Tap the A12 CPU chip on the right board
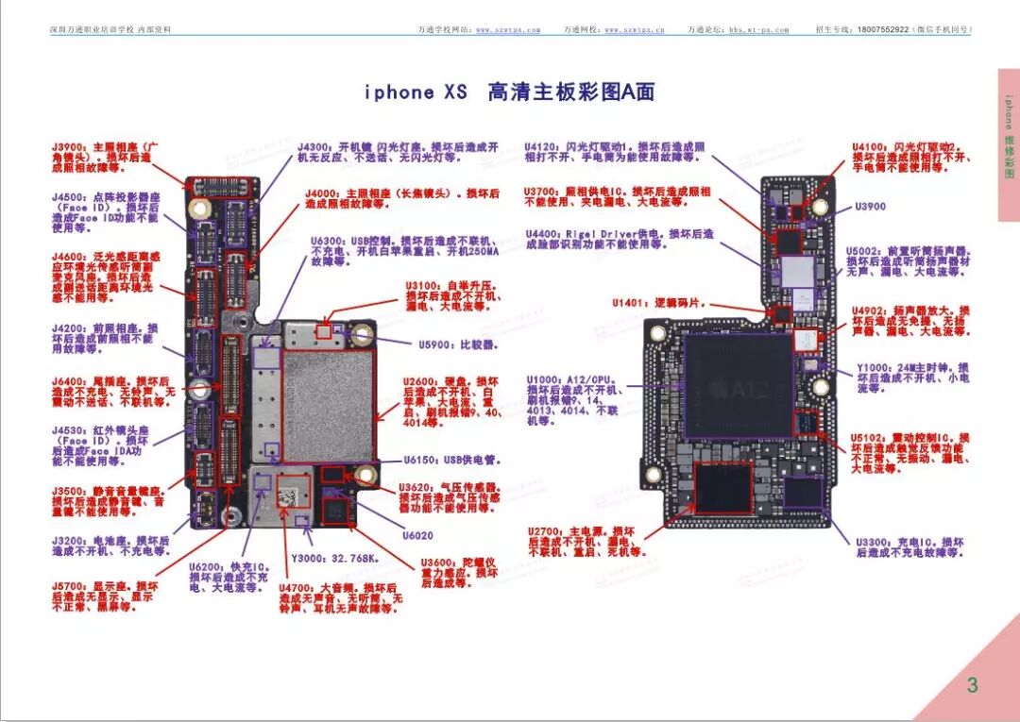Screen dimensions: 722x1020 click(739, 385)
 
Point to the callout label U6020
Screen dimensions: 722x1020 click(417, 535)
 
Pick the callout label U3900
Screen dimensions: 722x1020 click(870, 207)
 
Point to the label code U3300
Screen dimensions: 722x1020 click(874, 542)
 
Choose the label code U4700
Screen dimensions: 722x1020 click(297, 588)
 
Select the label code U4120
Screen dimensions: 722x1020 click(543, 147)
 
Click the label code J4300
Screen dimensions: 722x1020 click(314, 148)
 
